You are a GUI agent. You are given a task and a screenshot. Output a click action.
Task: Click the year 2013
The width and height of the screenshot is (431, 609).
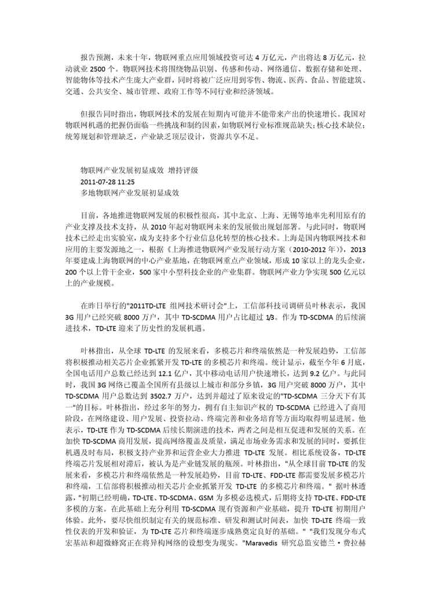click(x=359, y=249)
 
